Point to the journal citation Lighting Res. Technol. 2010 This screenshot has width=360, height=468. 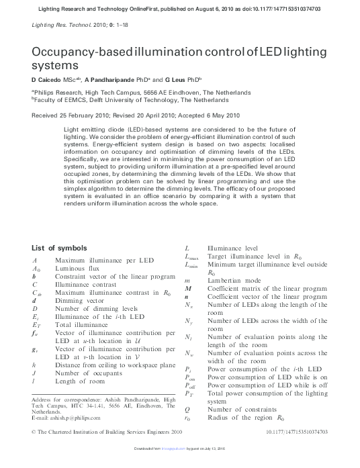coord(63,24)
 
